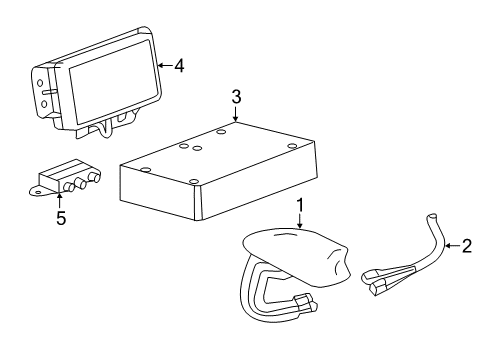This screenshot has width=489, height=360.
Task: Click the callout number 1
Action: click(x=299, y=206)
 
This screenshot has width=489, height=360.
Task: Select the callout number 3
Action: click(x=236, y=96)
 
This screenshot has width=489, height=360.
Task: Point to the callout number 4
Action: click(x=179, y=66)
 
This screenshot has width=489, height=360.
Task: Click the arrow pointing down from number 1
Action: click(x=299, y=222)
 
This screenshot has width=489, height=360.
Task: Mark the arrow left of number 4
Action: click(x=163, y=66)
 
